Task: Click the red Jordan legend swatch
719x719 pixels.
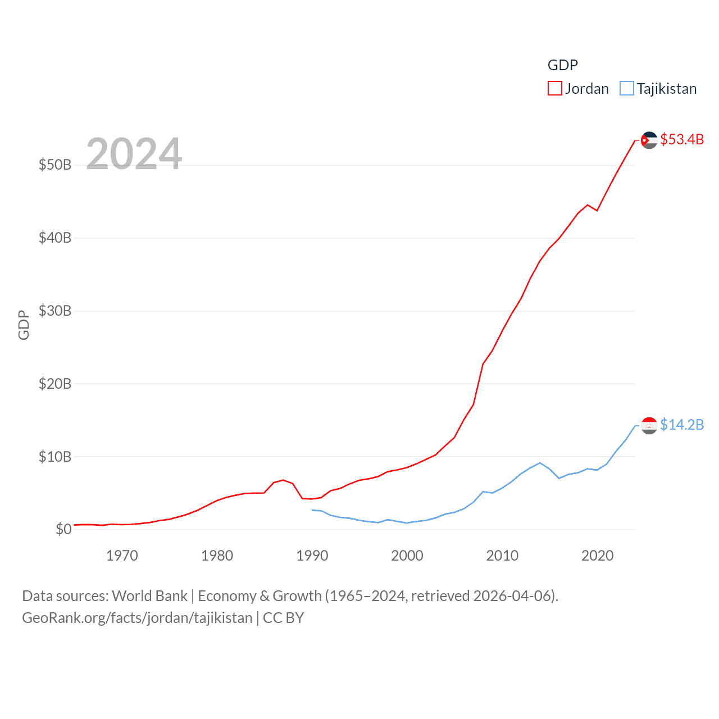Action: [x=554, y=89]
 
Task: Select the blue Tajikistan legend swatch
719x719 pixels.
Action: [x=626, y=89]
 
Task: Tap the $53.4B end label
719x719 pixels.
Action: [x=682, y=139]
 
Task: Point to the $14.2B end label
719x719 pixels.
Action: [x=682, y=425]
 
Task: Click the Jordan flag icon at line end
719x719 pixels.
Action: [x=649, y=140]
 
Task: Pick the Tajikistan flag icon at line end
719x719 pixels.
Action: [x=649, y=426]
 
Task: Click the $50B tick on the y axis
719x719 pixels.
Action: [x=55, y=165]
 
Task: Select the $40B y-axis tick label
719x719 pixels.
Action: [x=55, y=238]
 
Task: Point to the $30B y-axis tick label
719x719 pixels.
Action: [x=55, y=311]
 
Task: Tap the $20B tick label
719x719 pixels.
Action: [x=55, y=384]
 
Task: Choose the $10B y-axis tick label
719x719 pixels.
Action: [x=55, y=457]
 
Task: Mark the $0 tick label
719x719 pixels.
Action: [x=63, y=529]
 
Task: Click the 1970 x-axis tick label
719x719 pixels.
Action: [x=122, y=556]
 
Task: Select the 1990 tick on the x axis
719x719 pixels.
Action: [x=312, y=556]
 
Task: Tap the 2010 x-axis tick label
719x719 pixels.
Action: [x=502, y=556]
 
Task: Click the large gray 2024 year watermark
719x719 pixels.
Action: [x=134, y=153]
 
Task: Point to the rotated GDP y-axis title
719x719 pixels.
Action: [x=24, y=325]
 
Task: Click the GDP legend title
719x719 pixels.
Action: [x=562, y=65]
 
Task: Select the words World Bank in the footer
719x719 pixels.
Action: [x=149, y=595]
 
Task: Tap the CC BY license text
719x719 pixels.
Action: [x=283, y=618]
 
